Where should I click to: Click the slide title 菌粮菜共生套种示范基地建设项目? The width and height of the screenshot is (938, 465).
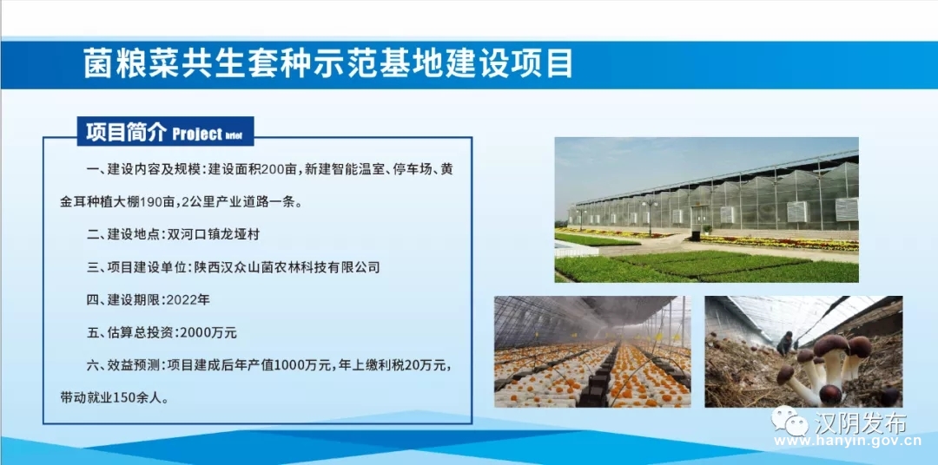pyautogui.click(x=327, y=64)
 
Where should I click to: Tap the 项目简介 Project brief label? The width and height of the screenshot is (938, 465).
pyautogui.click(x=165, y=132)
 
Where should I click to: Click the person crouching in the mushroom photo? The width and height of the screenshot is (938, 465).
pyautogui.click(x=785, y=344)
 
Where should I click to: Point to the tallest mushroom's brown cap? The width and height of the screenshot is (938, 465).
pyautogui.click(x=831, y=344)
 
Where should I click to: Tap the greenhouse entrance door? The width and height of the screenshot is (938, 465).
pyautogui.click(x=698, y=219)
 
